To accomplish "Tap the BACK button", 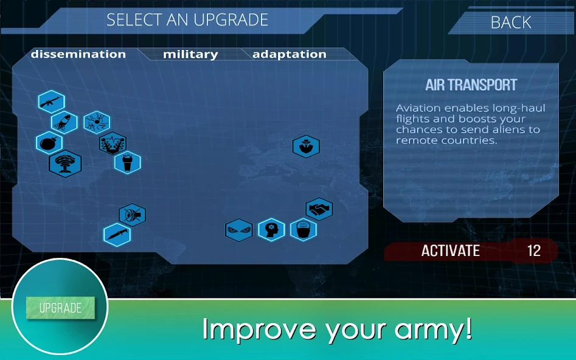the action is click(510, 22).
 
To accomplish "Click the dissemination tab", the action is click(78, 54).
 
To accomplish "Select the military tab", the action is click(190, 54).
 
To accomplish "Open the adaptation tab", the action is click(289, 54).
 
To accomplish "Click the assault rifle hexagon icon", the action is click(52, 102).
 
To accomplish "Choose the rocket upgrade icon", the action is click(64, 122).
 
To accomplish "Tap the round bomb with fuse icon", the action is click(49, 143).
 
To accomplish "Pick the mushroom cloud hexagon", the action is click(66, 164).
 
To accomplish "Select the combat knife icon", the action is click(117, 234).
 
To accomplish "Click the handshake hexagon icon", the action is click(319, 209).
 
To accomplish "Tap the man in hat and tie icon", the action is click(306, 146).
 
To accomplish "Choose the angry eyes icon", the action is click(239, 230).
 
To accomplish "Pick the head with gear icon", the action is click(271, 230).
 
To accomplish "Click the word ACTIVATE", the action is click(450, 251).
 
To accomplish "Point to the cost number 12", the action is click(534, 251).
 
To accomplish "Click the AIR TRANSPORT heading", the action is click(471, 85).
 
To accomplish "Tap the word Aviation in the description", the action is click(418, 108).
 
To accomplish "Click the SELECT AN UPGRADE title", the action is click(187, 20).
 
